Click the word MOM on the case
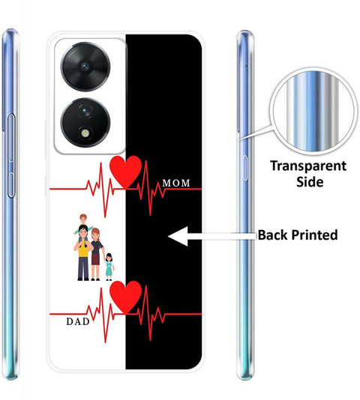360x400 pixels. (x=176, y=183)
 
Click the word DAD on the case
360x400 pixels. (x=78, y=321)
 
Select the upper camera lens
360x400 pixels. (x=85, y=67)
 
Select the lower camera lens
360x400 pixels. (x=85, y=123)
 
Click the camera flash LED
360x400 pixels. (x=85, y=133)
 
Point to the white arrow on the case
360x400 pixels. (x=212, y=236)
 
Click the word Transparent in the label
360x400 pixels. (x=308, y=166)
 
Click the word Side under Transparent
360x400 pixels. (x=310, y=182)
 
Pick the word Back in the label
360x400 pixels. (x=273, y=234)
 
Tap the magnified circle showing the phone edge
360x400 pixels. (x=312, y=112)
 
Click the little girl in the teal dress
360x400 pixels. (x=109, y=267)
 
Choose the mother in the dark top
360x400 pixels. (x=97, y=255)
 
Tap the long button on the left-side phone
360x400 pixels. (x=11, y=156)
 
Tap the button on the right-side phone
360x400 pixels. (x=244, y=168)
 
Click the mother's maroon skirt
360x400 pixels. (x=96, y=259)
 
